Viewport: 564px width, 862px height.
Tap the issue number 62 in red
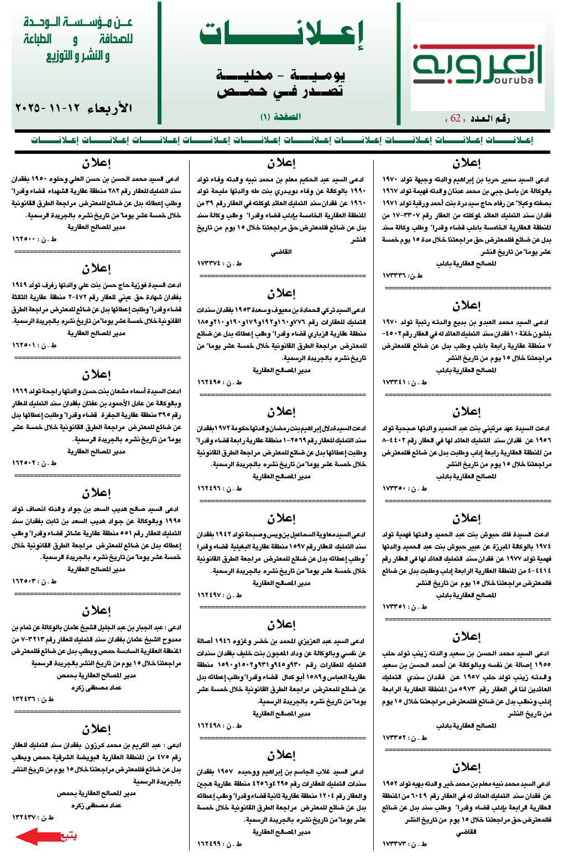[456, 118]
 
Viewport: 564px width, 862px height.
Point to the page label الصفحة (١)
[280, 117]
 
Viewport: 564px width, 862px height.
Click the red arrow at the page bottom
[36, 836]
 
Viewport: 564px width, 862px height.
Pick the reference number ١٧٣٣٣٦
[395, 275]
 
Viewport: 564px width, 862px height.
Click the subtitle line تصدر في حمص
[280, 91]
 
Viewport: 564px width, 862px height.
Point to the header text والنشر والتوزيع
[77, 55]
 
